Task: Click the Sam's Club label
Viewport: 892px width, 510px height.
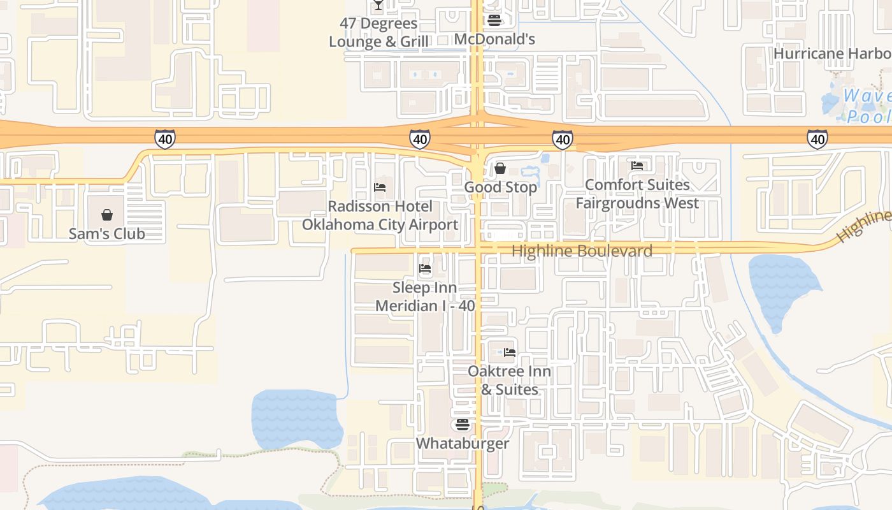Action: click(106, 233)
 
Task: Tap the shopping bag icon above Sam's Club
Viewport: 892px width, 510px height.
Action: click(107, 215)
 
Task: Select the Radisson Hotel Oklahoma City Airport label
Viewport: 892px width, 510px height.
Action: click(380, 215)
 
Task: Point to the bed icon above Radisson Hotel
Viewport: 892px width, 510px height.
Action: click(380, 187)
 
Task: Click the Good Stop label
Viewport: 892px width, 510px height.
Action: click(500, 187)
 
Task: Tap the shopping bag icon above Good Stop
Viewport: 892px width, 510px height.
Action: click(500, 168)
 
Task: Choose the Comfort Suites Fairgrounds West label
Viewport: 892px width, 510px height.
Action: click(637, 194)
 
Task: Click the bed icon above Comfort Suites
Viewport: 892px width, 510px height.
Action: click(637, 166)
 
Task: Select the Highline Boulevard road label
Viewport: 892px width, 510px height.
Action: click(582, 251)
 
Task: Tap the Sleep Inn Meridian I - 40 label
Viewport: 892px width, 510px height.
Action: click(425, 296)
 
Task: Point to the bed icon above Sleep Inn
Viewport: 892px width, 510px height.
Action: click(425, 268)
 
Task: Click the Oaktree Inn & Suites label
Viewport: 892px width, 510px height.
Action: click(509, 380)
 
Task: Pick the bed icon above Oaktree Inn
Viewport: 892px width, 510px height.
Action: click(509, 352)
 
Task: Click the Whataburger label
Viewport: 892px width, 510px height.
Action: click(463, 443)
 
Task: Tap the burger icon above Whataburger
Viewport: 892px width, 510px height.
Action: click(463, 424)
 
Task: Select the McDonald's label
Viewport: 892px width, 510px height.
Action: click(494, 40)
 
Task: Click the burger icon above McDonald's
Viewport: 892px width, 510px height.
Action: click(494, 20)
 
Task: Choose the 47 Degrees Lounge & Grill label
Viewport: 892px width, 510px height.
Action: click(378, 33)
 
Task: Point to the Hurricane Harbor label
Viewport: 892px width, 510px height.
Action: click(832, 54)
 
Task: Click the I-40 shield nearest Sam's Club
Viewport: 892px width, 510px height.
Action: click(164, 138)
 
